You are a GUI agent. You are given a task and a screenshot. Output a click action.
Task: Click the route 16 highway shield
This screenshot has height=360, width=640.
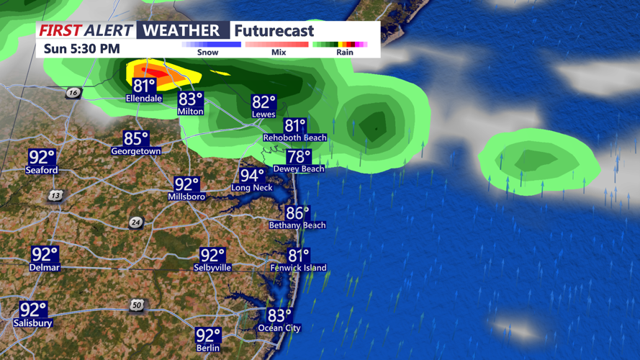pyautogui.click(x=73, y=93)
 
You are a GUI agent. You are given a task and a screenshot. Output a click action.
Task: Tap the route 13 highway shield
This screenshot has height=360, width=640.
pyautogui.click(x=55, y=195)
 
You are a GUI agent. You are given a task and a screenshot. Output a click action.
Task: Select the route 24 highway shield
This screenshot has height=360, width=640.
pyautogui.click(x=136, y=222)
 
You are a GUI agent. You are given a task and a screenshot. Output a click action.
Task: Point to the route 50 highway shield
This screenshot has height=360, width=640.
pyautogui.click(x=137, y=305)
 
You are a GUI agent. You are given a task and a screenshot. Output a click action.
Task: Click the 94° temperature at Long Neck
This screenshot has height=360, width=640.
pyautogui.click(x=252, y=175)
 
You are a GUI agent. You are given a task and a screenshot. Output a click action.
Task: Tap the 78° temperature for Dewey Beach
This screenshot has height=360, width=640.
pyautogui.click(x=298, y=156)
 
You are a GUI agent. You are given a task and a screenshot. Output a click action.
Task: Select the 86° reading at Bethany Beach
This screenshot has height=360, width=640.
pyautogui.click(x=297, y=213)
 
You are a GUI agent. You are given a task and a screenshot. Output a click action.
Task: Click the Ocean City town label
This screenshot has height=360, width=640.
pyautogui.click(x=279, y=328)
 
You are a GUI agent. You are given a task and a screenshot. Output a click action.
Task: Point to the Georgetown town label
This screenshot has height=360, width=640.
pyautogui.click(x=135, y=152)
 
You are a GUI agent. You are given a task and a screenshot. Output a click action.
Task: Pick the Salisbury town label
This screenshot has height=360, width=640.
pyautogui.click(x=33, y=323)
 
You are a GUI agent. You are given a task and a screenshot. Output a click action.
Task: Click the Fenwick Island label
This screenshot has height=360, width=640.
pyautogui.click(x=298, y=268)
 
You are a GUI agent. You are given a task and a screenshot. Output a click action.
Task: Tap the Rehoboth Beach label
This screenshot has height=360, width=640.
pyautogui.click(x=295, y=138)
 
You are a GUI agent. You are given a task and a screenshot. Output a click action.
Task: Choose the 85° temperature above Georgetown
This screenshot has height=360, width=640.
pyautogui.click(x=135, y=138)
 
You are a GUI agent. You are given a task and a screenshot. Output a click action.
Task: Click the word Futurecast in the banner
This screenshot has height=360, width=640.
pyautogui.click(x=274, y=31)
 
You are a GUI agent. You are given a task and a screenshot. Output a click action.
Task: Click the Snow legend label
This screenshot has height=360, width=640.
pyautogui.click(x=208, y=53)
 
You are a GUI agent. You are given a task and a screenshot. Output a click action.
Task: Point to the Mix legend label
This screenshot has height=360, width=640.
pyautogui.click(x=278, y=53)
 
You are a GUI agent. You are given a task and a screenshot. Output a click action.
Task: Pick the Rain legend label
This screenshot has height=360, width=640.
pyautogui.click(x=344, y=53)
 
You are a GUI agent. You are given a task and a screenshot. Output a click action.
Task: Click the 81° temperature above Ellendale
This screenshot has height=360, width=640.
pyautogui.click(x=144, y=85)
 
